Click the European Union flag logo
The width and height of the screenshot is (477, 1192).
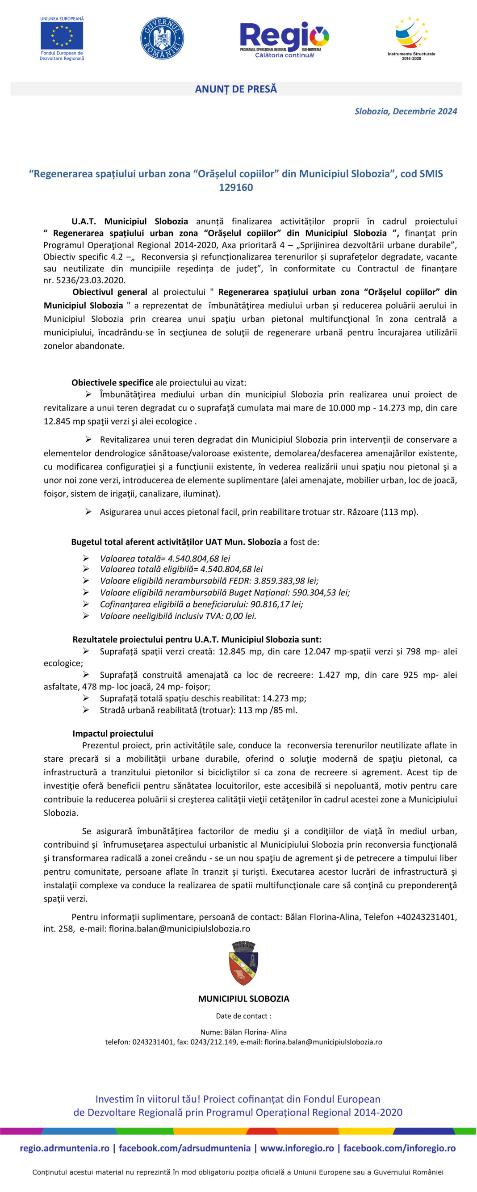(x=62, y=36)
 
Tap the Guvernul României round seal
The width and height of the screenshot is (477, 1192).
(x=162, y=38)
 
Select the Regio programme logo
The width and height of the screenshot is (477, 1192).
(x=284, y=38)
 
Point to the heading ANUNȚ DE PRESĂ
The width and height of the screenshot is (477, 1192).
(x=235, y=89)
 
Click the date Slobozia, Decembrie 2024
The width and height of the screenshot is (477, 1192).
(x=405, y=111)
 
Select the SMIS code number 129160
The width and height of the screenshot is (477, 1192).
(x=235, y=187)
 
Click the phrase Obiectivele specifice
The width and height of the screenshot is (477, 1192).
(x=112, y=383)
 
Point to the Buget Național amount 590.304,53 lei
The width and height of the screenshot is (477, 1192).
(x=321, y=592)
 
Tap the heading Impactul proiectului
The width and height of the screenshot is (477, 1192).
(x=113, y=734)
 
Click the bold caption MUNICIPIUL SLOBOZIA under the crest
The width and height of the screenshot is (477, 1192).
(x=243, y=999)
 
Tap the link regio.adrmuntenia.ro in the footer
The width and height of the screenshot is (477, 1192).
(x=65, y=1148)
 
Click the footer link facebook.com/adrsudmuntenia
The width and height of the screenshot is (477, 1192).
(x=184, y=1148)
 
